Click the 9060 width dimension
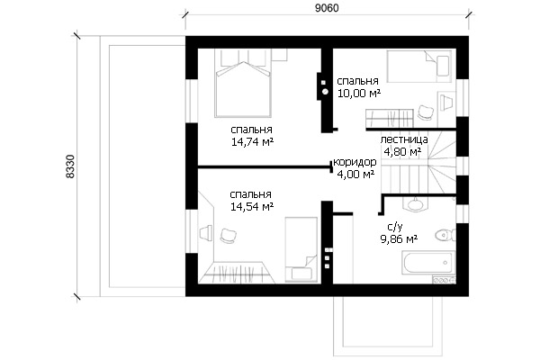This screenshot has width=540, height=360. click(x=327, y=8)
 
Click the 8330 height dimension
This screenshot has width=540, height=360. click(x=70, y=166)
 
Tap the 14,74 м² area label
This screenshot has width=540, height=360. click(x=252, y=142)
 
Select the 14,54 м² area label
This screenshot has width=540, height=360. click(x=252, y=207)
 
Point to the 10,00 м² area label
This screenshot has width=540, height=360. click(x=359, y=93)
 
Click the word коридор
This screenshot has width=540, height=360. click(x=355, y=162)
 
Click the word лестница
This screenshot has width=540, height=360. click(x=404, y=139)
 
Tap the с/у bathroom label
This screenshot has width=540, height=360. click(x=395, y=227)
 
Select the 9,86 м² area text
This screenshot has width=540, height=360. click(x=399, y=238)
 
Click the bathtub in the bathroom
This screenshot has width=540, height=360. click(x=428, y=263)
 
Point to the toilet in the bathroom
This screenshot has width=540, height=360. click(x=445, y=236)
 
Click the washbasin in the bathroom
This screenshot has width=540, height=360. click(x=416, y=204)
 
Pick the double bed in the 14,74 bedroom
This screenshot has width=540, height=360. click(x=242, y=83)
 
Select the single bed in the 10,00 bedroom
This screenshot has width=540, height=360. click(x=419, y=67)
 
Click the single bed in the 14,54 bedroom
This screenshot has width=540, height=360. click(x=301, y=249)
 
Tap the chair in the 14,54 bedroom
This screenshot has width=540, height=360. click(x=228, y=236)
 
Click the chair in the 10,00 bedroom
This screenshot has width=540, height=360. click(x=426, y=112)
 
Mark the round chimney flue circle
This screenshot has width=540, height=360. click(x=325, y=92)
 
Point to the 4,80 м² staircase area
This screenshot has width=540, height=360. click(x=402, y=151)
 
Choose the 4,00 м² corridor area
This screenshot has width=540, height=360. click(x=355, y=175)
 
